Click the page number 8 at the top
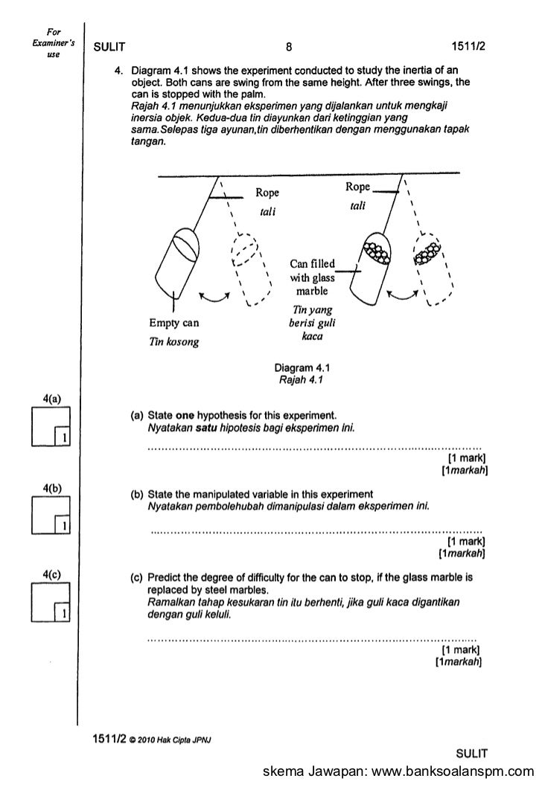288,48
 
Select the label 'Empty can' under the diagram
173,324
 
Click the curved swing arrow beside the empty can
216,295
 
